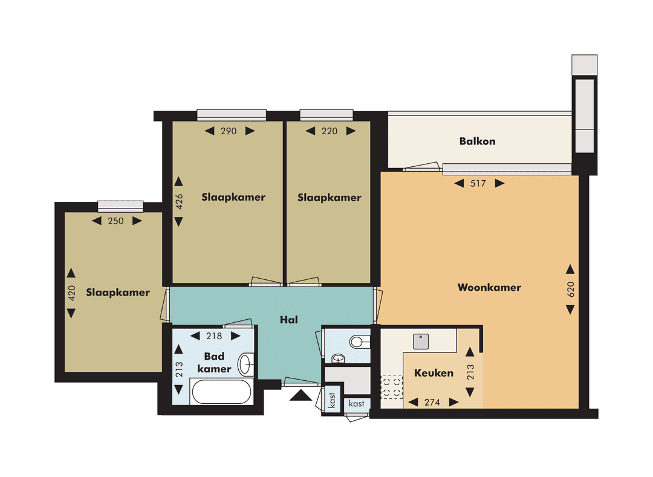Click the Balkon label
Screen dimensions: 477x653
pyautogui.click(x=477, y=141)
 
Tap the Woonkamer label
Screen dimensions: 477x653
pyautogui.click(x=489, y=288)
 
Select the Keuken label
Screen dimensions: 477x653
pyautogui.click(x=434, y=373)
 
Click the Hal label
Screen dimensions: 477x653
pyautogui.click(x=288, y=320)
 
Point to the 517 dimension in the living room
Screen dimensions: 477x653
pyautogui.click(x=478, y=184)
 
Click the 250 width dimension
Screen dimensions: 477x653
pyautogui.click(x=115, y=221)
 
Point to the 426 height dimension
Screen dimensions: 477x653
pyautogui.click(x=178, y=201)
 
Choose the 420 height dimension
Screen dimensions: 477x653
pyautogui.click(x=71, y=293)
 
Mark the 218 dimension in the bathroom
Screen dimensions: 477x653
pyautogui.click(x=215, y=337)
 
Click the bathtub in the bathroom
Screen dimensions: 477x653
pyautogui.click(x=221, y=392)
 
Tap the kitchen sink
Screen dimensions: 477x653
pyautogui.click(x=421, y=341)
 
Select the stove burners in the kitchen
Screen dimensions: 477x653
pyautogui.click(x=392, y=388)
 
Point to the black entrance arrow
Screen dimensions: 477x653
pyautogui.click(x=301, y=396)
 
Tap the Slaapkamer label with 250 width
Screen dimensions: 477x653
pyautogui.click(x=118, y=293)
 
